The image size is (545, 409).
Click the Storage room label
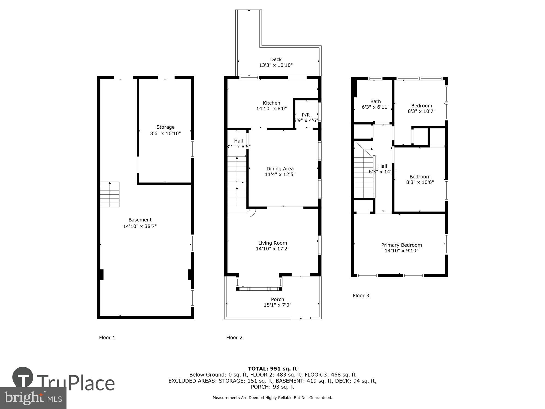[x=165, y=127]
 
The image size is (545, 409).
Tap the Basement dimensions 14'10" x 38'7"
[x=140, y=226]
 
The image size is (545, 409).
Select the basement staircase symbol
[x=110, y=194]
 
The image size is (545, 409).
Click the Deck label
[x=276, y=59]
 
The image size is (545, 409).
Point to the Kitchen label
[x=271, y=103]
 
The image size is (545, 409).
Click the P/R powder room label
[x=306, y=115]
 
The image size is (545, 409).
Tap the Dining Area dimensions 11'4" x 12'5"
[x=280, y=175]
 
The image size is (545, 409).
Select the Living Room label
[x=272, y=243]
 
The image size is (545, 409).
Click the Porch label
[x=277, y=299]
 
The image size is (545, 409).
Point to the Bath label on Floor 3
[x=376, y=101]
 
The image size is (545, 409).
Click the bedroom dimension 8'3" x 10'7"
[x=422, y=111]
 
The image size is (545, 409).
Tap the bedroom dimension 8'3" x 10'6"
[x=420, y=182]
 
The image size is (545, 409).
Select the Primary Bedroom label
[x=401, y=245]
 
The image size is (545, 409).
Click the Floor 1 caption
[x=107, y=338]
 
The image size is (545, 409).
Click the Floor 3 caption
[x=361, y=296]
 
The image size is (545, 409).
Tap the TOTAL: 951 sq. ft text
[x=272, y=369]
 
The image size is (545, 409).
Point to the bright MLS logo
[x=33, y=398]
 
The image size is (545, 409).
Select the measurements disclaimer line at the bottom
[x=272, y=398]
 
